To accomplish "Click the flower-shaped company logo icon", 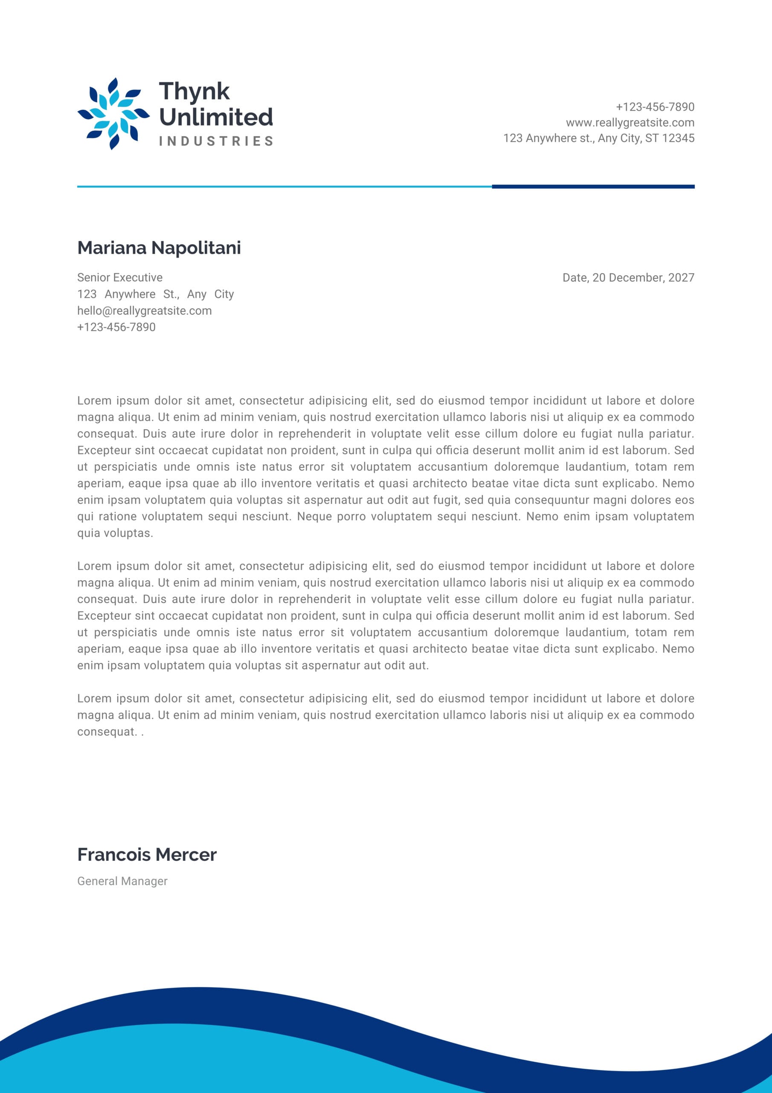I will pos(113,114).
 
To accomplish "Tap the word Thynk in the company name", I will pos(194,91).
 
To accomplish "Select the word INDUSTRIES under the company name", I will pos(216,141).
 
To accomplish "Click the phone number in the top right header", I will pos(655,107).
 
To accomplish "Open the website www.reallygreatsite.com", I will pos(630,123).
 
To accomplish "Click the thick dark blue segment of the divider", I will pos(593,187).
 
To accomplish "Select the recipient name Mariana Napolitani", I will pos(159,248).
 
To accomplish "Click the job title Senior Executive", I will pos(120,278).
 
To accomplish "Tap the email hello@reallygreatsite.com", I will pos(145,311).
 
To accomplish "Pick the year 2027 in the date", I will pos(681,278).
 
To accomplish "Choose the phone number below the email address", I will pos(116,327).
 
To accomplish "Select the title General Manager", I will pos(122,881).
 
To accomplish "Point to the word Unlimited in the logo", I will pos(216,117).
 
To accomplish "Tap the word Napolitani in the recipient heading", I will pos(196,248).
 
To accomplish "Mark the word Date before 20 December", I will pos(575,278).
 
